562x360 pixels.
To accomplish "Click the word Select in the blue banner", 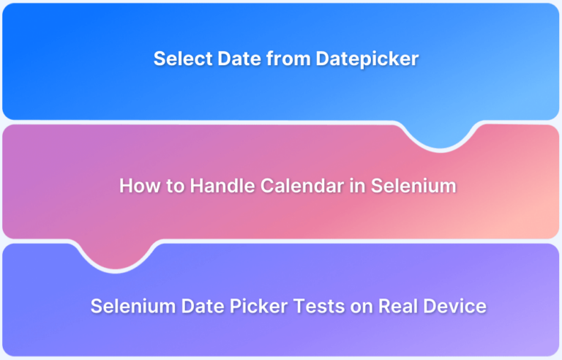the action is pyautogui.click(x=183, y=59).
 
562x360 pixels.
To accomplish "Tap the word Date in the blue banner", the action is pyautogui.click(x=239, y=59).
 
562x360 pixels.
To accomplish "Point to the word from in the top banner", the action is pyautogui.click(x=288, y=59).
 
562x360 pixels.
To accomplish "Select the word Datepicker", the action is pyautogui.click(x=367, y=59).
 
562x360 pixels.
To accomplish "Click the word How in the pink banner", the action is pyautogui.click(x=140, y=186).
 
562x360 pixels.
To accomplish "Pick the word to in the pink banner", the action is pyautogui.click(x=176, y=187).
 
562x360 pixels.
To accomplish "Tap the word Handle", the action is pyautogui.click(x=222, y=186).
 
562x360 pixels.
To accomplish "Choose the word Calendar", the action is pyautogui.click(x=302, y=186).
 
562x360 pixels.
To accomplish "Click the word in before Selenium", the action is pyautogui.click(x=357, y=186).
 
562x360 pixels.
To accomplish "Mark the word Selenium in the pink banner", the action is pyautogui.click(x=413, y=186).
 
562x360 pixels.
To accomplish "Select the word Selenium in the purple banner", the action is pyautogui.click(x=133, y=306).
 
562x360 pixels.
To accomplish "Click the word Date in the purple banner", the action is pyautogui.click(x=203, y=306).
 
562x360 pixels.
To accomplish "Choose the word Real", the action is pyautogui.click(x=398, y=306).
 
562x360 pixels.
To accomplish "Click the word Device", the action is pyautogui.click(x=455, y=306).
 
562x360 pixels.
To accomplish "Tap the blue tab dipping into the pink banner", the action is pyautogui.click(x=440, y=135).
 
